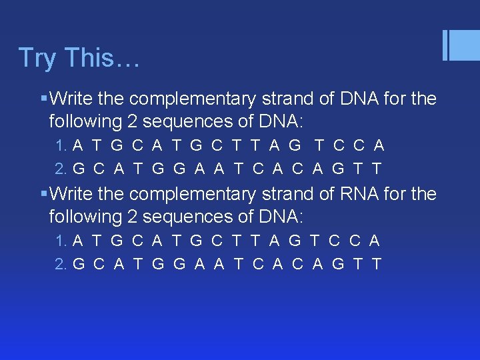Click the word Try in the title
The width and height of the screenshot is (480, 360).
(x=37, y=58)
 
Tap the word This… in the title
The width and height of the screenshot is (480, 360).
(x=102, y=58)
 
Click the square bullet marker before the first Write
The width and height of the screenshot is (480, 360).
(x=43, y=99)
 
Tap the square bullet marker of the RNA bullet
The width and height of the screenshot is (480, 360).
(x=43, y=194)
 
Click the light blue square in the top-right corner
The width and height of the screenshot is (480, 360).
(x=465, y=46)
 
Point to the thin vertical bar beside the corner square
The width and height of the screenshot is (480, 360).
(x=445, y=46)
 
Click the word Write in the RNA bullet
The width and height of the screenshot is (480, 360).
(x=71, y=194)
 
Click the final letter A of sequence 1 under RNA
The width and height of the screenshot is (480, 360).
(x=375, y=241)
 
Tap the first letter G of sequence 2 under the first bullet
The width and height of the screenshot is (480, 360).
(x=79, y=169)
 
